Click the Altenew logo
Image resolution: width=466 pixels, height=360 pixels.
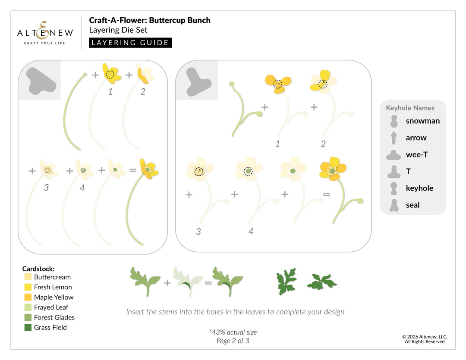coord(45,33)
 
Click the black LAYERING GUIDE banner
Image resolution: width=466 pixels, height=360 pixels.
coord(130,43)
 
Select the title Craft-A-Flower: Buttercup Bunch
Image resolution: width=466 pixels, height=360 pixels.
coord(150,20)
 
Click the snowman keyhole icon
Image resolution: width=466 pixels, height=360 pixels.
coord(394,121)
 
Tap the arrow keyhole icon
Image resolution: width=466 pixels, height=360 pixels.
coord(394,138)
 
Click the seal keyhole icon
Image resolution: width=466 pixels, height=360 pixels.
coord(394,205)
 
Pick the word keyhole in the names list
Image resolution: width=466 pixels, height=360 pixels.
coord(419,188)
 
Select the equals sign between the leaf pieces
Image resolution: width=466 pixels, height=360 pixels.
coord(208,283)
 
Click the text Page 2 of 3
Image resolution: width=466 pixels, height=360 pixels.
coord(233,341)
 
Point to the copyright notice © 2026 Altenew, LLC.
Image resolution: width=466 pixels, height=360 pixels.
coord(425,336)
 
